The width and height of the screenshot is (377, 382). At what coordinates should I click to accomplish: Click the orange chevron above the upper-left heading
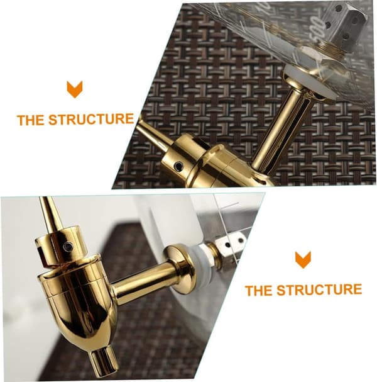point(75,89)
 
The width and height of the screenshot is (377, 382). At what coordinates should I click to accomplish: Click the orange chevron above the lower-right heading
point(303,260)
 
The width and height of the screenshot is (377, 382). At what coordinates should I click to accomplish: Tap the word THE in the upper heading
point(31,120)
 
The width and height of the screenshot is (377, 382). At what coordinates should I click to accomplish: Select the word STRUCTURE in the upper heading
point(91,119)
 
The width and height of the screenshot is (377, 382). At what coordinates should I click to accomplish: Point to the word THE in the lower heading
point(259,291)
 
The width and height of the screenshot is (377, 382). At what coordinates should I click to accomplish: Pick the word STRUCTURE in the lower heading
point(319,289)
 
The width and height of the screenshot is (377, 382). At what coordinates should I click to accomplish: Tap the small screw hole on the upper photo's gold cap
point(179,166)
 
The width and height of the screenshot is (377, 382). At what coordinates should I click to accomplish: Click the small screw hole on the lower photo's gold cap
point(68,247)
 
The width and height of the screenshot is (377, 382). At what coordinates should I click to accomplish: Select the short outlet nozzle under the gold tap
point(104,359)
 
